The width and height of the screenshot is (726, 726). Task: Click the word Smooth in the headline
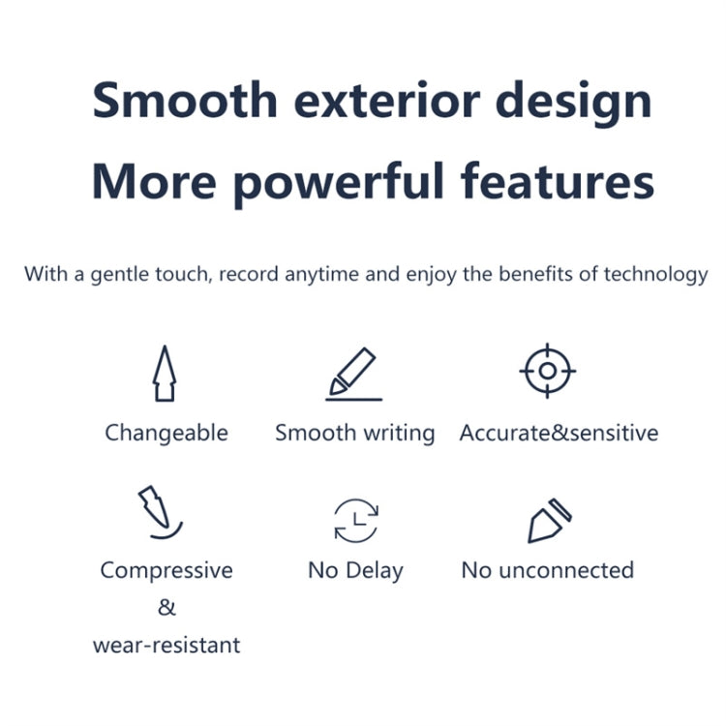(x=184, y=101)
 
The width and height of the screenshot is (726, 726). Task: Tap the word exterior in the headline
(x=387, y=101)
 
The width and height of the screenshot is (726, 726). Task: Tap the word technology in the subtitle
(x=655, y=274)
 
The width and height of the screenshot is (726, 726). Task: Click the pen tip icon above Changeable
(x=165, y=374)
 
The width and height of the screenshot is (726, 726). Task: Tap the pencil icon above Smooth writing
(x=354, y=375)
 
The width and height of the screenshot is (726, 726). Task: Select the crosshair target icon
(x=548, y=372)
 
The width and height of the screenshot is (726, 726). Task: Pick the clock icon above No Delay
(x=355, y=520)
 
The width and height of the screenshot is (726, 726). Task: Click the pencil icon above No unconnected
(x=548, y=521)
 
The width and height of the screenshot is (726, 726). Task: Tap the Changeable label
(x=166, y=433)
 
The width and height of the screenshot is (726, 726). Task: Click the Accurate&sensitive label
(x=559, y=433)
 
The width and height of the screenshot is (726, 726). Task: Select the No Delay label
(x=355, y=570)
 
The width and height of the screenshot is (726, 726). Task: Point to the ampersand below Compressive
(x=166, y=608)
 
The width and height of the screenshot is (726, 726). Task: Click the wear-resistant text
(x=166, y=645)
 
